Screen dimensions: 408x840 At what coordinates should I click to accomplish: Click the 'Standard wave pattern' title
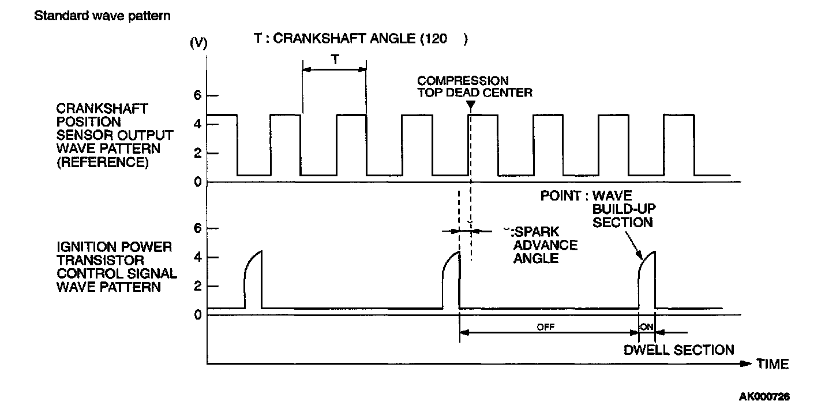[x=102, y=16]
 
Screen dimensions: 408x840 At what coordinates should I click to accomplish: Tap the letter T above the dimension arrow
[x=334, y=59]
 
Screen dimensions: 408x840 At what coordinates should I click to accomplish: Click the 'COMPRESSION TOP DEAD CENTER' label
[x=474, y=86]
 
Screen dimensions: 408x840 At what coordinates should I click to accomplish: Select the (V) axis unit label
[x=199, y=44]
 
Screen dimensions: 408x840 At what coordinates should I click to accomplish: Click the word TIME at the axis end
[x=772, y=364]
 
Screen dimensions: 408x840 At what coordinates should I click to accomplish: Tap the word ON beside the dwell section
[x=647, y=327]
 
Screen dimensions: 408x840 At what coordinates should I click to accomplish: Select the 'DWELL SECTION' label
[x=679, y=350]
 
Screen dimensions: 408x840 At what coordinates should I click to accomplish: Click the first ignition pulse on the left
[x=253, y=280]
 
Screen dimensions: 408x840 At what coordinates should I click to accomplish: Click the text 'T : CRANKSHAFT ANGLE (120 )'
[x=361, y=39]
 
